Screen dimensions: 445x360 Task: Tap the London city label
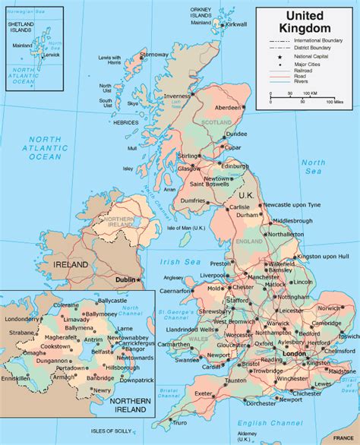click(293, 355)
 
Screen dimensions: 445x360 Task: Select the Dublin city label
click(124, 279)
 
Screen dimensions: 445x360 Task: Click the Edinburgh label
click(236, 166)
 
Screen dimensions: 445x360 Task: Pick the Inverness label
click(176, 96)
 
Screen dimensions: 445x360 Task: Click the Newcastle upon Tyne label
click(293, 205)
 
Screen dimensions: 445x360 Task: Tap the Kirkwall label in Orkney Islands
click(236, 24)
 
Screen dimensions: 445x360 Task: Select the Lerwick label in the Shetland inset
click(52, 54)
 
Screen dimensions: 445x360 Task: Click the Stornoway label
click(154, 55)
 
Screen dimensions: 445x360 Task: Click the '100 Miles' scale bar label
click(335, 101)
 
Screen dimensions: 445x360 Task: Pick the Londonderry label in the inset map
click(21, 320)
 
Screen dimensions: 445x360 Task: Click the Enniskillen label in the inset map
click(16, 377)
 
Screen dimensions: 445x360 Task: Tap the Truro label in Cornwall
click(179, 422)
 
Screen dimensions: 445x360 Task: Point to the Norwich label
click(329, 308)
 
